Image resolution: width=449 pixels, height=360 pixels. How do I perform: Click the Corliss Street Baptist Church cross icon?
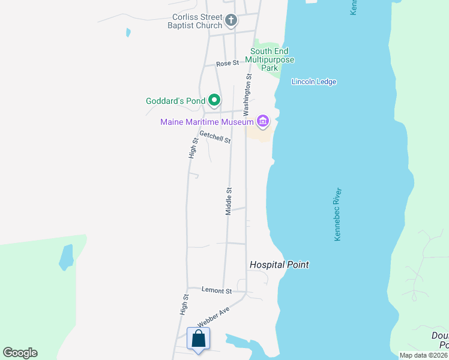[x=231, y=22]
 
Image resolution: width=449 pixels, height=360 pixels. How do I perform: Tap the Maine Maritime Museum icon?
[x=262, y=122]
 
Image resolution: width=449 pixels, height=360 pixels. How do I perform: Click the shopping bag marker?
[x=198, y=339]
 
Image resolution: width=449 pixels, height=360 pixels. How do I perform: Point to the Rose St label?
[x=228, y=63]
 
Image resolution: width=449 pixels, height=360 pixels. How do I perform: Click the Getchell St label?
[x=215, y=137]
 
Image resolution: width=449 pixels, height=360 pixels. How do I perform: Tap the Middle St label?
[x=229, y=201]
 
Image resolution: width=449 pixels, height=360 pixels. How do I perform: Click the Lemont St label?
[x=217, y=291]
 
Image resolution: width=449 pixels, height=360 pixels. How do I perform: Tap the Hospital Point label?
[x=279, y=265]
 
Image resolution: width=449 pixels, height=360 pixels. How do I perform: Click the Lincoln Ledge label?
[x=314, y=82]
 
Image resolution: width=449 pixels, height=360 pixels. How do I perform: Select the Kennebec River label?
[x=337, y=215]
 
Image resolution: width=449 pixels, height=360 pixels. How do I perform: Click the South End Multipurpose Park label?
[x=273, y=59]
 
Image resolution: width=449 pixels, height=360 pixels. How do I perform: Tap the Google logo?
[x=20, y=353]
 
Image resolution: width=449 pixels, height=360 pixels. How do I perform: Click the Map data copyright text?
[x=423, y=355]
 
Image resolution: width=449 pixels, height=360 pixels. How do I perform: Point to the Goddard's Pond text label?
[x=175, y=101]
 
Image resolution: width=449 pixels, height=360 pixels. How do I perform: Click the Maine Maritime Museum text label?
[x=207, y=122]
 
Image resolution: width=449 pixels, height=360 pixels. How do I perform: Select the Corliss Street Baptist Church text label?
[x=188, y=22]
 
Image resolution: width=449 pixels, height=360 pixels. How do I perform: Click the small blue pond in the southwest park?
[x=65, y=256]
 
